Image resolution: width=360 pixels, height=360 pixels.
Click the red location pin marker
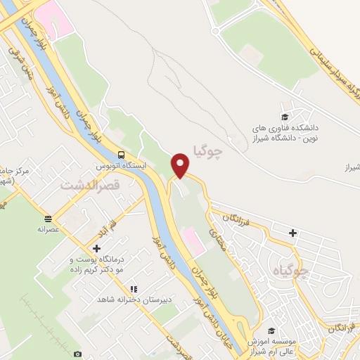(x=181, y=165)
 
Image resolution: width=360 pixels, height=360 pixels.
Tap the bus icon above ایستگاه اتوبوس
(x=122, y=155)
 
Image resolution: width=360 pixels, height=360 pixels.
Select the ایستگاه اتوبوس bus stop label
(x=122, y=168)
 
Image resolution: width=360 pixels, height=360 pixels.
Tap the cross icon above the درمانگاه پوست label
(x=97, y=248)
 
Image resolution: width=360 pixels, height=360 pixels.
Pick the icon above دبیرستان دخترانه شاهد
(x=133, y=289)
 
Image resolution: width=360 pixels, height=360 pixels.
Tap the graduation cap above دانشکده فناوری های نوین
(x=285, y=117)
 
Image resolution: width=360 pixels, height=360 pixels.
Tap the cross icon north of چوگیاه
(x=292, y=233)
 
